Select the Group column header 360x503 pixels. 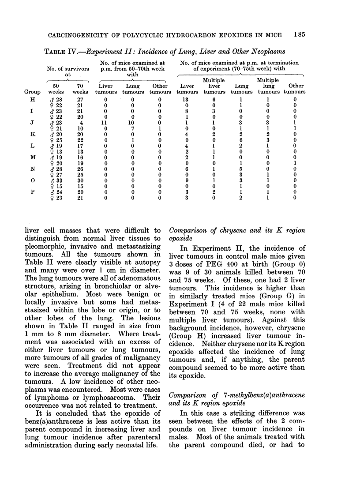coord(32,92)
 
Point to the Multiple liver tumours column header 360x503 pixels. coord(214,86)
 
